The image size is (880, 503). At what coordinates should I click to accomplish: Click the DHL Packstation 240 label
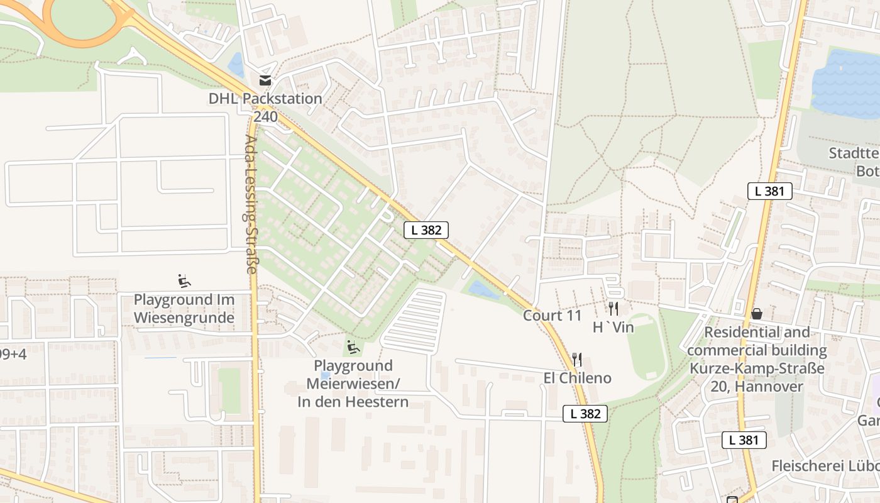(265, 108)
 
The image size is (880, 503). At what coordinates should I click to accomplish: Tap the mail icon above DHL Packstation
(265, 80)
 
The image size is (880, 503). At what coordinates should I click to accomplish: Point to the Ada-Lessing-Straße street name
(250, 204)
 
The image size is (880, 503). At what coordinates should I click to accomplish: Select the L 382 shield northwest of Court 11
(426, 230)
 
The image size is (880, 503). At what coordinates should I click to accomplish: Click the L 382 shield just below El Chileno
(585, 414)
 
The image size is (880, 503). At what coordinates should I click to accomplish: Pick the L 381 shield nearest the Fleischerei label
(744, 440)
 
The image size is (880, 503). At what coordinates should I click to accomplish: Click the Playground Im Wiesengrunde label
(184, 309)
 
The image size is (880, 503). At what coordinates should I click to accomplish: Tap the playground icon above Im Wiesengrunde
(184, 280)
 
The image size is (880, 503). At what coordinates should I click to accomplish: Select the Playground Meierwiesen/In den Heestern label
(353, 384)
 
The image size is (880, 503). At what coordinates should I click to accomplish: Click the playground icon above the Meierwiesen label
(353, 346)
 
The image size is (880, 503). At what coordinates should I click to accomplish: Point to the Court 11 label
(553, 316)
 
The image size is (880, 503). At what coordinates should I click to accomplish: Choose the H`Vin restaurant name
(613, 328)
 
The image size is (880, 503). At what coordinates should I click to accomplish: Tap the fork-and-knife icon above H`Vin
(613, 308)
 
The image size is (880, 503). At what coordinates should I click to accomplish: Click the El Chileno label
(577, 379)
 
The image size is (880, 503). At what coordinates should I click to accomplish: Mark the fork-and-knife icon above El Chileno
(577, 360)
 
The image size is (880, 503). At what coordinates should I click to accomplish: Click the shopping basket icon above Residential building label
(757, 313)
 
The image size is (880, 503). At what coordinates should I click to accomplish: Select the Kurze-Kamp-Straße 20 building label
(757, 359)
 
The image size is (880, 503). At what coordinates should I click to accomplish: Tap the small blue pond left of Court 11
(483, 290)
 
